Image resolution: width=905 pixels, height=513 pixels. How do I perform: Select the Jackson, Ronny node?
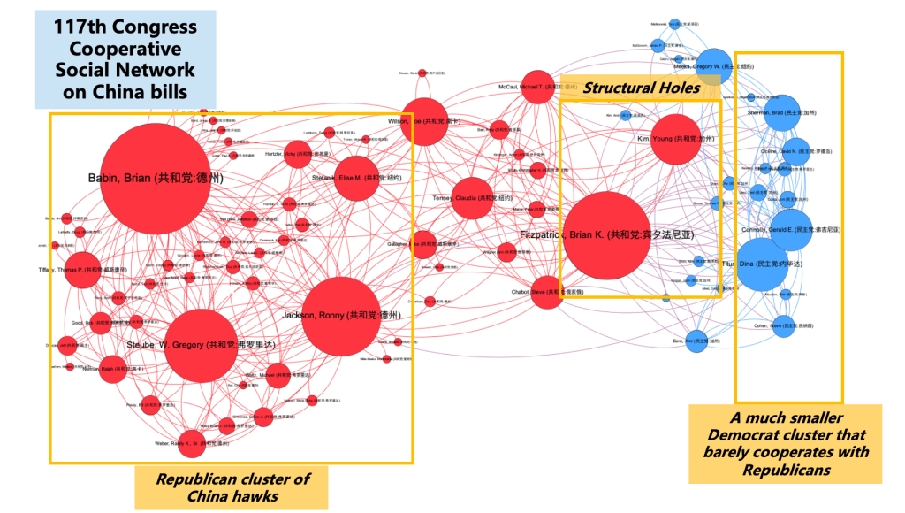point(340,316)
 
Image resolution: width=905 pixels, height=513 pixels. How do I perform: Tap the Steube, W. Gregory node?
point(202,345)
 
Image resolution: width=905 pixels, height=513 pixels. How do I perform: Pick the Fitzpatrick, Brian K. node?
point(606,235)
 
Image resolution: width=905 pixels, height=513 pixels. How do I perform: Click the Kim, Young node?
point(679,139)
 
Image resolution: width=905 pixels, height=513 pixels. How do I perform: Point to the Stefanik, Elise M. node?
point(355,178)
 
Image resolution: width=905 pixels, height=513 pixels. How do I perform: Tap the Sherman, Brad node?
point(783,112)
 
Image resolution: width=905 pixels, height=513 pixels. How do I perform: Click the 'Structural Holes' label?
point(641,87)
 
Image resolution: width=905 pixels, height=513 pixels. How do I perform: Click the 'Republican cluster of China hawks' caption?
point(232,487)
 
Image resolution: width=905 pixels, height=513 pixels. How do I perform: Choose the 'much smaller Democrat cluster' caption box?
point(786,444)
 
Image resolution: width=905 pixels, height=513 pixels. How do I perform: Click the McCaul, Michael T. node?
point(536,86)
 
